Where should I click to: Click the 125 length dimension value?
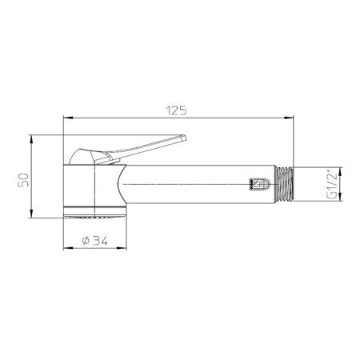[176, 110]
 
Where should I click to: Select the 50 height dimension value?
[23, 180]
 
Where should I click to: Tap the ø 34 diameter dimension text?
[94, 241]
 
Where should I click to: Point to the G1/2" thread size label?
[332, 184]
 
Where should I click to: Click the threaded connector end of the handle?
[284, 184]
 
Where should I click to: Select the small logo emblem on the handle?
[259, 184]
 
